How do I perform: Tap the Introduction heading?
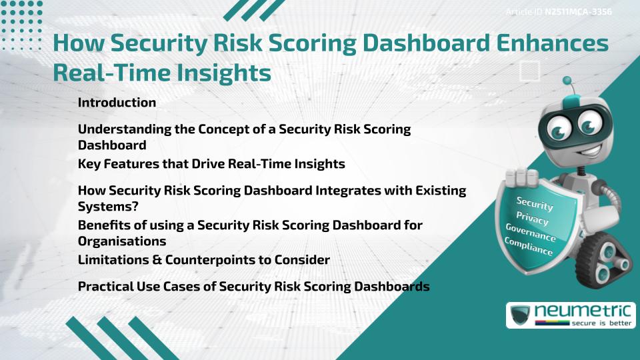click(x=117, y=103)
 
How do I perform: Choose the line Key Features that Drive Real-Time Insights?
click(x=211, y=163)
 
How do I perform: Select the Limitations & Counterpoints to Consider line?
click(x=203, y=259)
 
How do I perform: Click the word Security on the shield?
click(x=535, y=203)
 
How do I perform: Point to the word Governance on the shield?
click(x=531, y=233)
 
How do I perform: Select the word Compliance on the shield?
click(x=529, y=247)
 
